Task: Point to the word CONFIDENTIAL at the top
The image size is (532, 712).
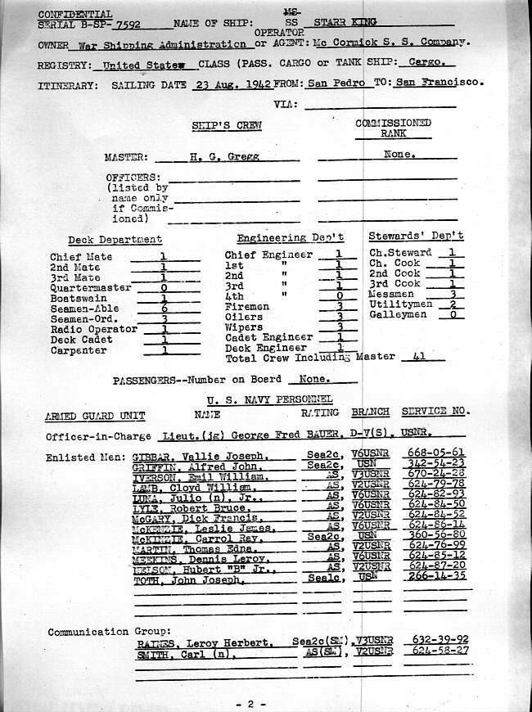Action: [76, 14]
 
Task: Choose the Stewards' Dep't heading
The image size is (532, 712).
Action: [415, 236]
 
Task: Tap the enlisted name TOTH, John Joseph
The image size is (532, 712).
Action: [189, 579]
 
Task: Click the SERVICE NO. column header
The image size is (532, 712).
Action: [437, 412]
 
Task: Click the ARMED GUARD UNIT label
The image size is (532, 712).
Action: [95, 415]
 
